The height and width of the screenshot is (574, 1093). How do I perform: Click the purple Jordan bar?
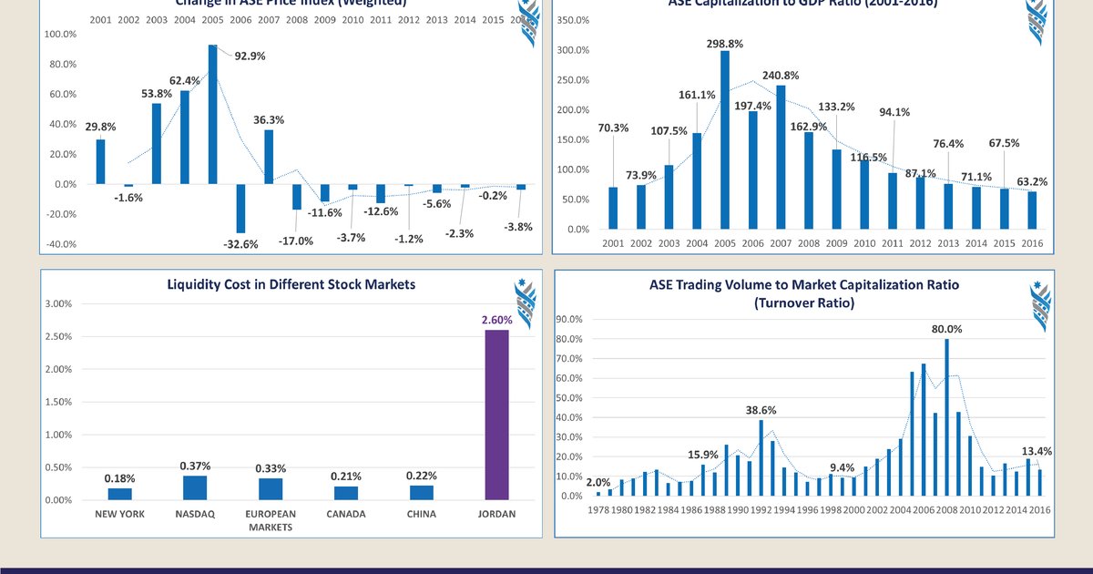496,415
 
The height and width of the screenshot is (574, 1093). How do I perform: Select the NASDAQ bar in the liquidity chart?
195,487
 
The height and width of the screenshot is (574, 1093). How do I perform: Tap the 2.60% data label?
496,320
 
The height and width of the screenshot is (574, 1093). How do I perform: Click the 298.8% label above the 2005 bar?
725,43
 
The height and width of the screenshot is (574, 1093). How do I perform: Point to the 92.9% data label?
249,56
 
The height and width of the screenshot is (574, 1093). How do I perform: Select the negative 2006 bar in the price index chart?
241,208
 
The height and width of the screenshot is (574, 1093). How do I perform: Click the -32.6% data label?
240,244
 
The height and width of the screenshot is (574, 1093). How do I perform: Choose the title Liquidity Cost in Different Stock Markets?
291,284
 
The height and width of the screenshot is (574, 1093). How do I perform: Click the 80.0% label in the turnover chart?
947,329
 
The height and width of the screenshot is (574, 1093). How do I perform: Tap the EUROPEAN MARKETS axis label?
271,520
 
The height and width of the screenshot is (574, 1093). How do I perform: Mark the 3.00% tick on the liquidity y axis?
59,303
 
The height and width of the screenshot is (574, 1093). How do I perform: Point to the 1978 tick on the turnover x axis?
598,511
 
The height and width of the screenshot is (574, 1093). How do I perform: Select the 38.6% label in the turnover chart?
761,411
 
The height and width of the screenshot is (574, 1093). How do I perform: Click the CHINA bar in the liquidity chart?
421,492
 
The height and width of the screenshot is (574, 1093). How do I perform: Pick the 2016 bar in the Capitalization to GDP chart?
1033,210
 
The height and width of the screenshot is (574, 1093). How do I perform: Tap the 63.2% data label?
1033,182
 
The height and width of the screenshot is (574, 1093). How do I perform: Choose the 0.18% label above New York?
120,478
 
